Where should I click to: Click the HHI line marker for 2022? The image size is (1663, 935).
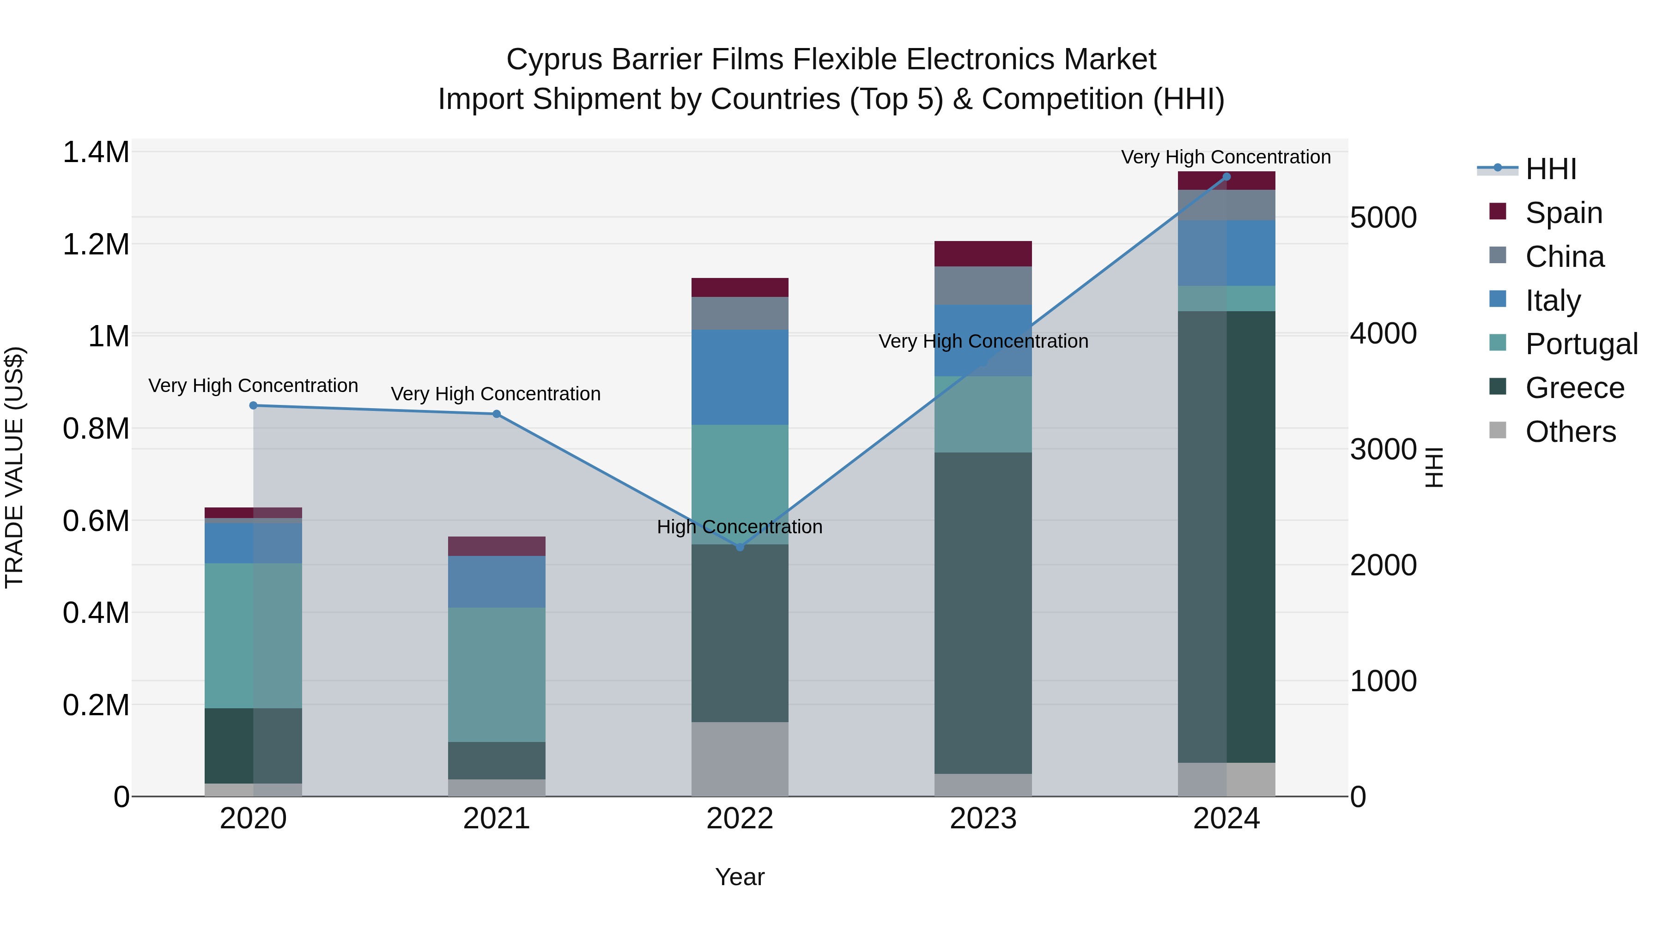[740, 547]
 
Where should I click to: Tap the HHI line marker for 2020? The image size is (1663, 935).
[253, 405]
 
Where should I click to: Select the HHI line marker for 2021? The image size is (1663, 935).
[497, 414]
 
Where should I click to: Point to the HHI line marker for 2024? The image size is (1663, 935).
[1226, 176]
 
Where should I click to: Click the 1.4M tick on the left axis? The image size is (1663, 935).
[96, 153]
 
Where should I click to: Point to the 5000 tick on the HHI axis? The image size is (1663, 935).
[1383, 217]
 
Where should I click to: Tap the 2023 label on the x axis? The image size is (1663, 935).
[983, 819]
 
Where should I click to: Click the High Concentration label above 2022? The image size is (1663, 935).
[740, 526]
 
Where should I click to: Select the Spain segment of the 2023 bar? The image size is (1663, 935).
[983, 253]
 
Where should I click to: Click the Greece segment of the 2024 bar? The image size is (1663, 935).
[1226, 536]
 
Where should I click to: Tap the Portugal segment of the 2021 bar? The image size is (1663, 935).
[497, 674]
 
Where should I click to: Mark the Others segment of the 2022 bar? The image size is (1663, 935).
[740, 759]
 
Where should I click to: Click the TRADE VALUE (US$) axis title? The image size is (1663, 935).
[14, 467]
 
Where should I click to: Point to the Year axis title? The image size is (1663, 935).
[740, 877]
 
